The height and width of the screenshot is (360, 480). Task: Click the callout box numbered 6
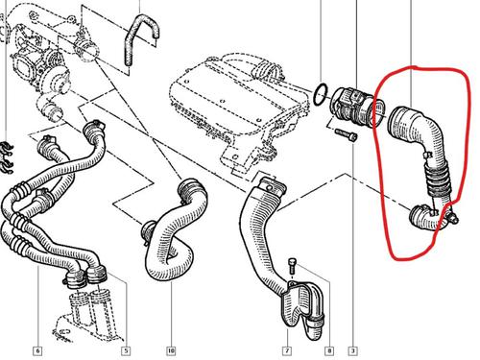37,351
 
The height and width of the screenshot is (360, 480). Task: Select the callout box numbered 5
126,351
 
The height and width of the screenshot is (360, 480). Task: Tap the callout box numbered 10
171,351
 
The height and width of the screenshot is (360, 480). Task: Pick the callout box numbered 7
287,351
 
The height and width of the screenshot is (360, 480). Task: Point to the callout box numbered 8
329,351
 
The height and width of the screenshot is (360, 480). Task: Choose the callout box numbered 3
352,351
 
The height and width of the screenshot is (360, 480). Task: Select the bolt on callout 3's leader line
346,134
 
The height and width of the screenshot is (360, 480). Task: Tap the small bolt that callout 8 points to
292,265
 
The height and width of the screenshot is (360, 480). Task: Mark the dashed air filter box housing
238,108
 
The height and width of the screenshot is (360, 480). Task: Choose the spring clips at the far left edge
7,157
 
